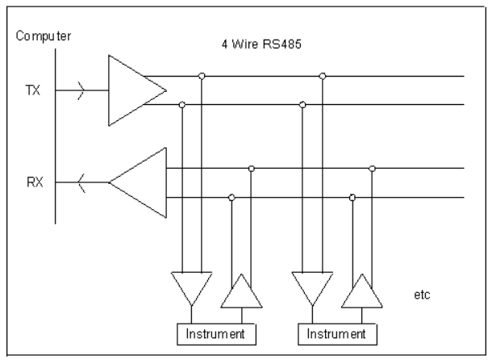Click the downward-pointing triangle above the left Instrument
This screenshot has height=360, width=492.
(x=191, y=287)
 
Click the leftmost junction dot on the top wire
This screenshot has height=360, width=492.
(x=201, y=77)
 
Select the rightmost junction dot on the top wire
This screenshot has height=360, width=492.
(x=323, y=77)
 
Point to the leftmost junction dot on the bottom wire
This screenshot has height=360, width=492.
(x=232, y=197)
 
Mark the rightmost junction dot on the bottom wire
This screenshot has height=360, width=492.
(x=352, y=197)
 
